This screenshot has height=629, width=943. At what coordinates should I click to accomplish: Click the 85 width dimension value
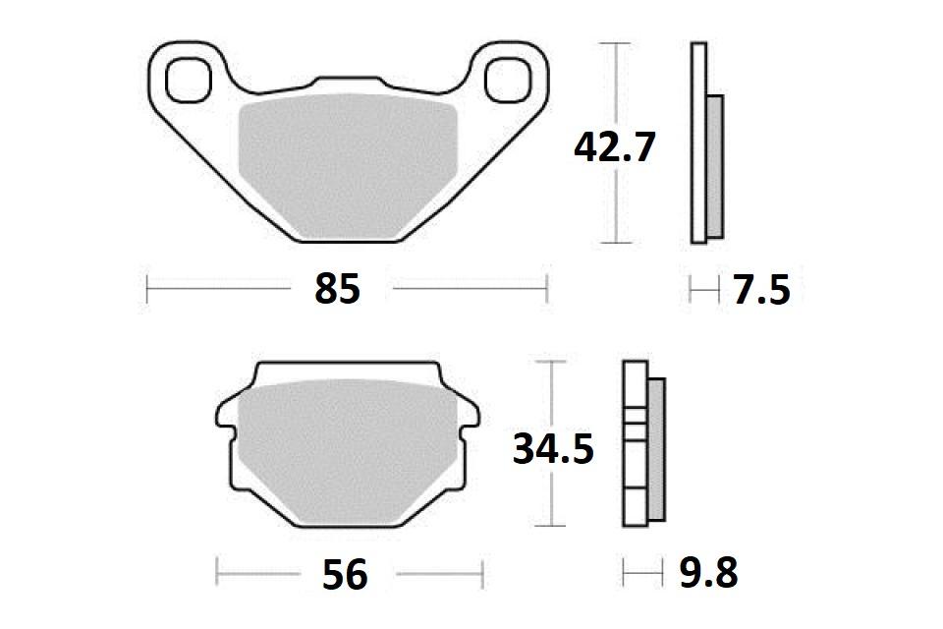point(339,290)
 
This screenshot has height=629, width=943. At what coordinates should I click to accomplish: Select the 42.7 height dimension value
point(615,148)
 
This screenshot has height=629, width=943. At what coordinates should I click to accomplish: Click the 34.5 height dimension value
point(553,449)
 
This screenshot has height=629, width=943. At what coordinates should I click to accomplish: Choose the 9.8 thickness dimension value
point(708,572)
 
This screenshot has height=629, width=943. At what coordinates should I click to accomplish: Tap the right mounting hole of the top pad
point(507,78)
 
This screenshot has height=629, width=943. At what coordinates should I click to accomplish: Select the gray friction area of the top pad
point(349,162)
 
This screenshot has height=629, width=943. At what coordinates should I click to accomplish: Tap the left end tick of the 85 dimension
point(147,290)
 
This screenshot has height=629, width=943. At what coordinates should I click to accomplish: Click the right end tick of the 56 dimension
point(483,572)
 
